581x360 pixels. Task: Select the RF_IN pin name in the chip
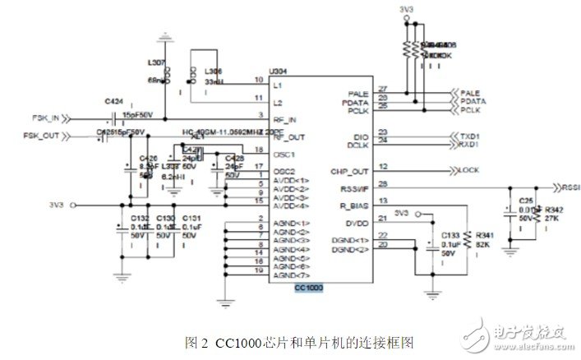point(284,118)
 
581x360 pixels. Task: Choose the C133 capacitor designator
point(450,236)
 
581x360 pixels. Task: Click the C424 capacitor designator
point(114,101)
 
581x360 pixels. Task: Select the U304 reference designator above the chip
point(279,72)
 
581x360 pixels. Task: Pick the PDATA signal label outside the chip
point(472,100)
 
